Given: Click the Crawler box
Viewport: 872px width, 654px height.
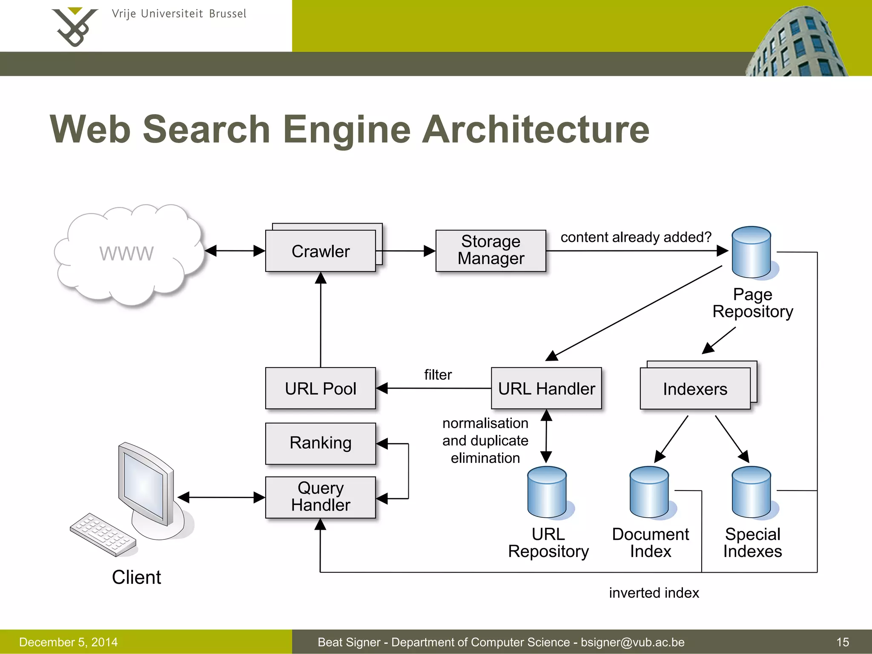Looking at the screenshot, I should click(x=320, y=251).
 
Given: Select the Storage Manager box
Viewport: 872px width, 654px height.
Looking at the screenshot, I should click(x=490, y=250).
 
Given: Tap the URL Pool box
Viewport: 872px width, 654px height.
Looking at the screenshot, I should click(x=320, y=388).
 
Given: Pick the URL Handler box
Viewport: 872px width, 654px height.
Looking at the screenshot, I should click(x=546, y=388).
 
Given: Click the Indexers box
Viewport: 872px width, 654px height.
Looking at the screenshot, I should click(x=695, y=389).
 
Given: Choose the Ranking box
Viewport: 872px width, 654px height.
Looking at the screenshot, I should click(x=320, y=443).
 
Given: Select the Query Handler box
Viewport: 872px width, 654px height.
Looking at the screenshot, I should click(x=320, y=497).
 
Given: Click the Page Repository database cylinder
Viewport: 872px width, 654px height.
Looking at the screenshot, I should click(x=751, y=252).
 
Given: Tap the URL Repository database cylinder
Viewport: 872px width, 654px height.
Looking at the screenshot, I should click(x=547, y=492).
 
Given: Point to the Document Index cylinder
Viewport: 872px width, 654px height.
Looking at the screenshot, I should click(x=649, y=492).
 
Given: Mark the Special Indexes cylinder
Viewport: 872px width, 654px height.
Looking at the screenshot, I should click(x=751, y=492).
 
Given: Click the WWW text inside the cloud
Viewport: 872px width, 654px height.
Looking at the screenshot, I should click(x=126, y=253).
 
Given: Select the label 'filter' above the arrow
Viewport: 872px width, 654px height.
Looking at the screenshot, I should click(x=438, y=375).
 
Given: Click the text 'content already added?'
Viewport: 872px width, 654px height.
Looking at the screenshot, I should click(x=636, y=237).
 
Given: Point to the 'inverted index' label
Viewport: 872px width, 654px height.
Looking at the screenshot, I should click(x=654, y=593).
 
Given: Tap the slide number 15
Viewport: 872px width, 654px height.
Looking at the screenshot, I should click(x=842, y=642).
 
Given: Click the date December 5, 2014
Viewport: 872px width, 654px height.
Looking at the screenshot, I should click(x=68, y=642).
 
